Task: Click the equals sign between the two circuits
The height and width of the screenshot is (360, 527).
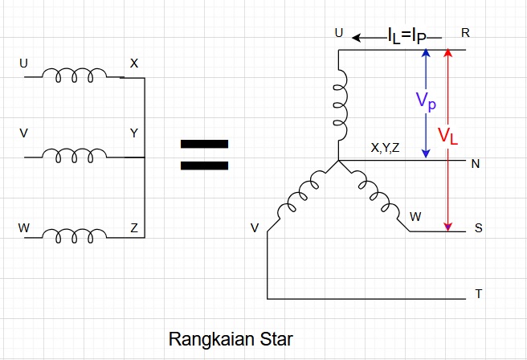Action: click(204, 156)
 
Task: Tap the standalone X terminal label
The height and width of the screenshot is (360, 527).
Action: click(134, 62)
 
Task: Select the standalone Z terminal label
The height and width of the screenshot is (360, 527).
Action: click(134, 228)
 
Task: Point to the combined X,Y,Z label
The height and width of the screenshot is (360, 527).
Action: click(385, 148)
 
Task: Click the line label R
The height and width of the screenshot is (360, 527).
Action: click(466, 33)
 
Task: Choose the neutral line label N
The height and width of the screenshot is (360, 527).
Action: click(475, 165)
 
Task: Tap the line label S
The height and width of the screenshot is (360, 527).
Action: click(479, 228)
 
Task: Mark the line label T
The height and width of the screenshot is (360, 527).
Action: click(479, 294)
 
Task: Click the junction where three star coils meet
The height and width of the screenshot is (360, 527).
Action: click(338, 161)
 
